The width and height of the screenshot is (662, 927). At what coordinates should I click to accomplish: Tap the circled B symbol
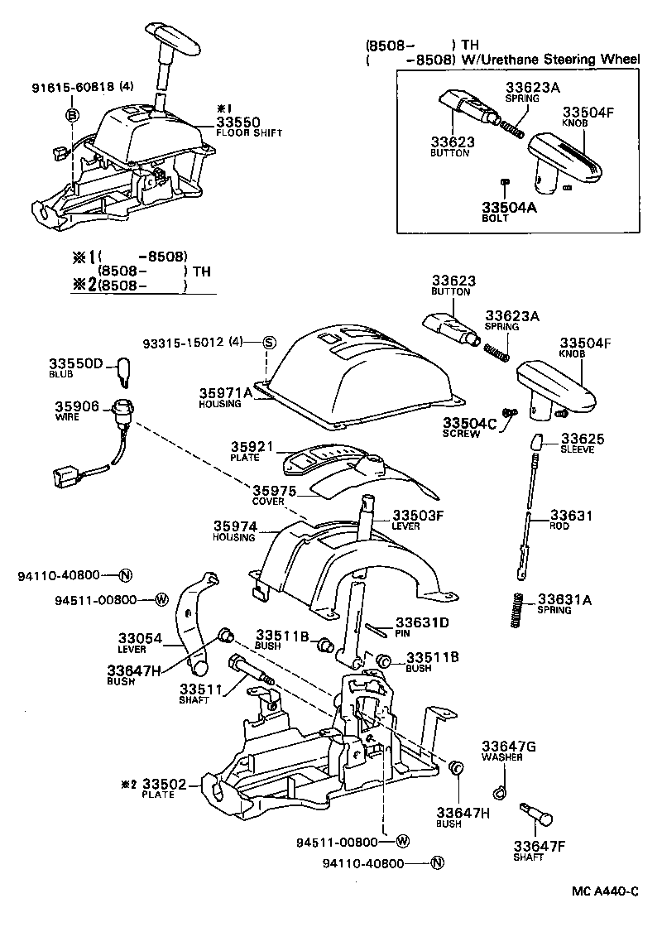pos(73,115)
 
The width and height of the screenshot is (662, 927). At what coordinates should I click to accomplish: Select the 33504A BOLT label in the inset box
pos(509,211)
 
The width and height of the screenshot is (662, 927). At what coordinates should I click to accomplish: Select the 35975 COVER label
pos(274,494)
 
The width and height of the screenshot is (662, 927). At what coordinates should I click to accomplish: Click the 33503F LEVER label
pos(418,519)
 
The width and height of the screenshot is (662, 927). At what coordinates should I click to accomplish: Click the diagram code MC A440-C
pos(605,892)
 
